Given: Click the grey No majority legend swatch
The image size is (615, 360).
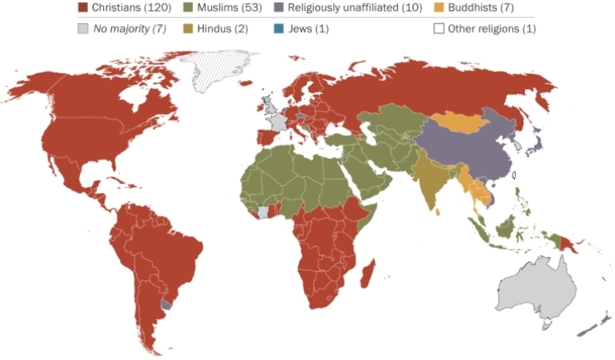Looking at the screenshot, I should tap(82, 28).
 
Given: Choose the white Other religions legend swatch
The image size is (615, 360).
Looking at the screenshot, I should tap(439, 28).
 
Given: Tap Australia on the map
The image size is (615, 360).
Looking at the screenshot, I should tap(535, 288).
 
